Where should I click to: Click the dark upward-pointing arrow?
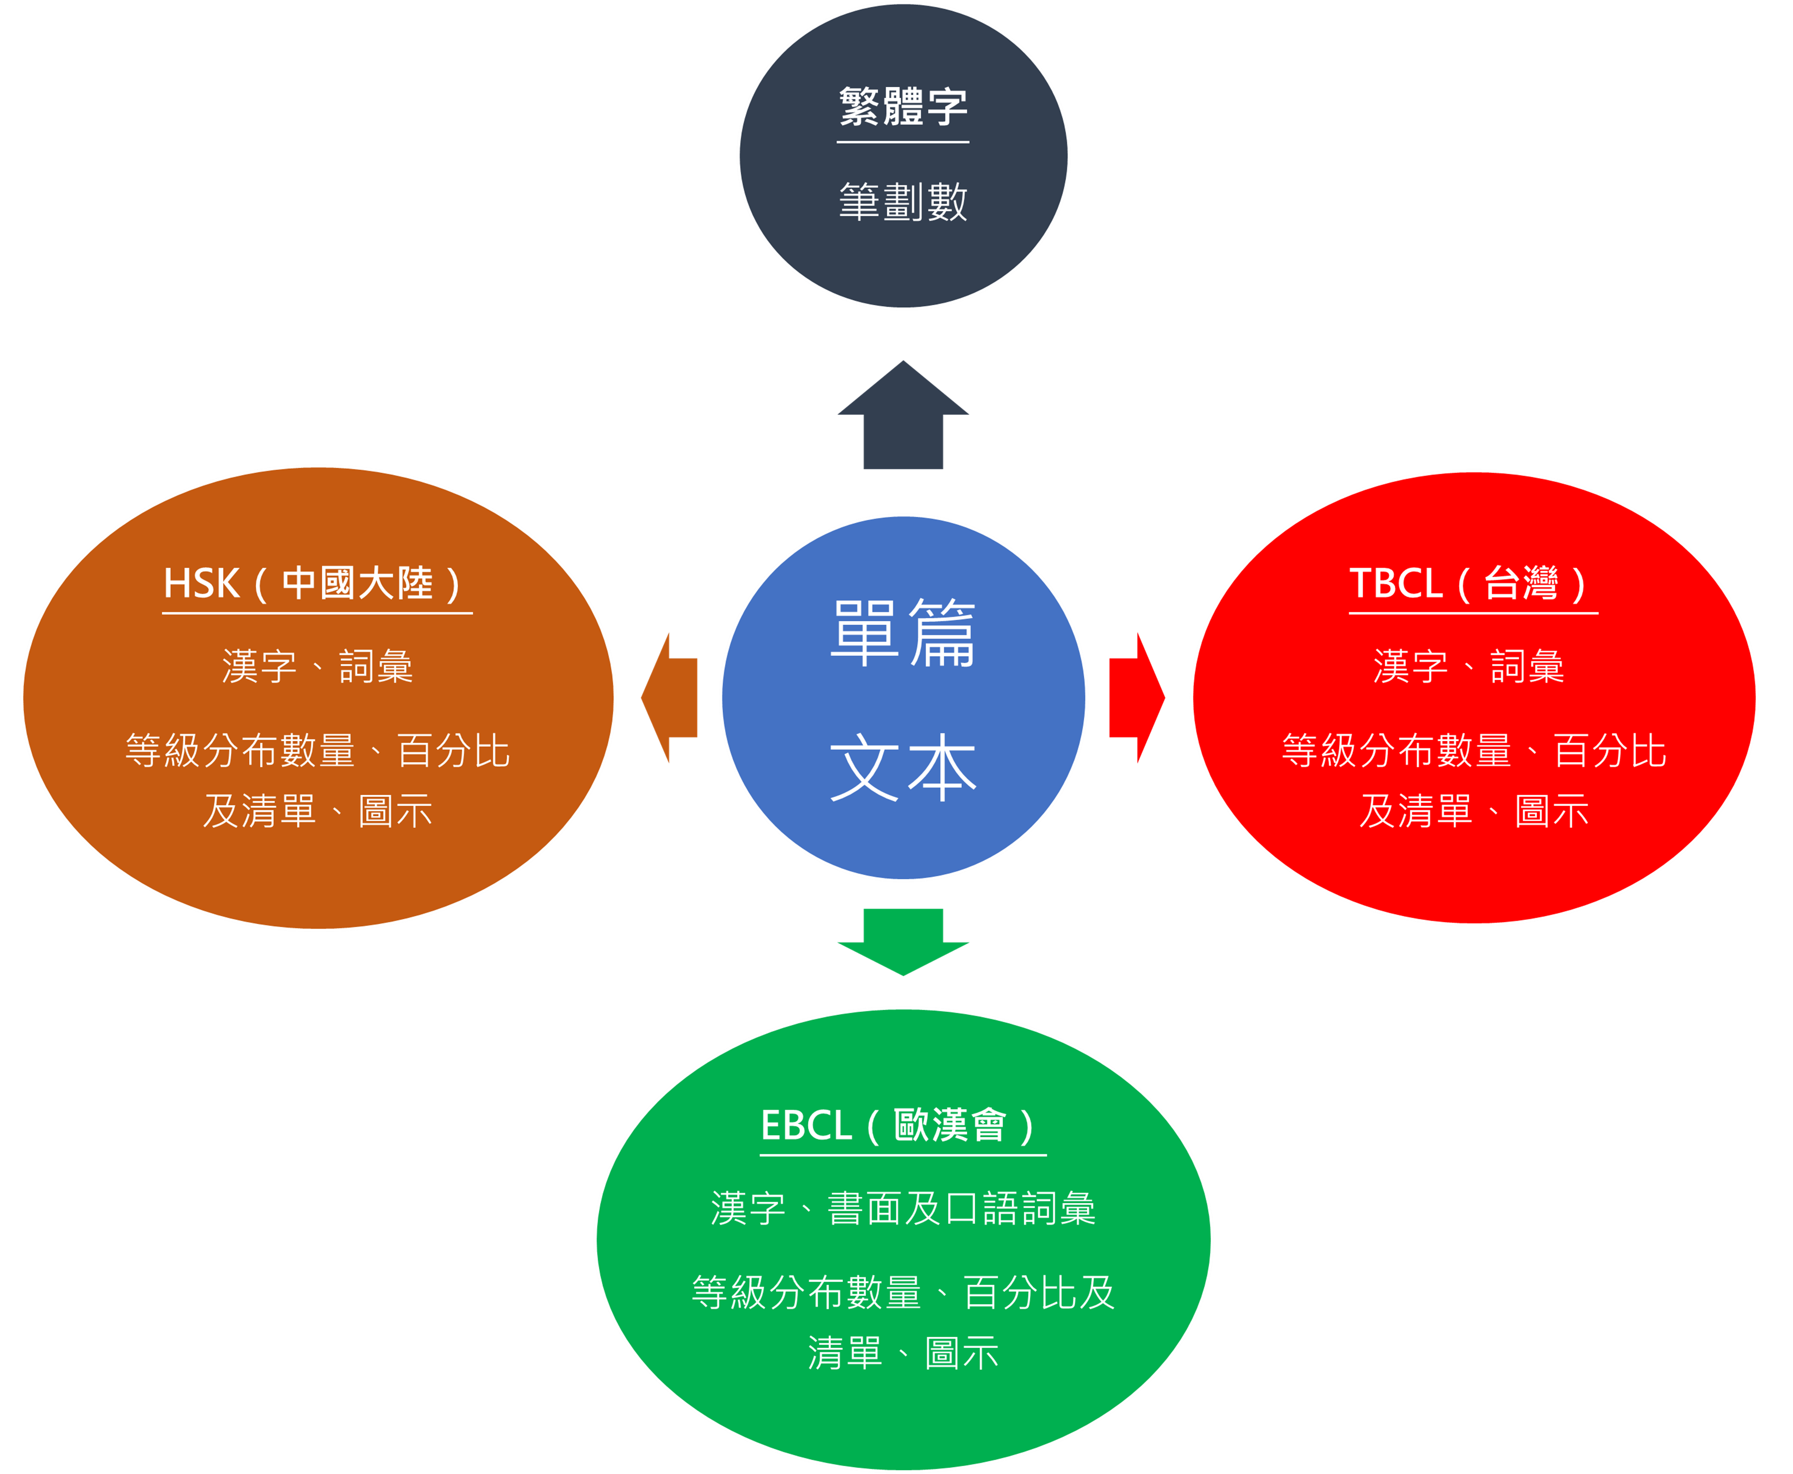[903, 420]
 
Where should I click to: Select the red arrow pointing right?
[1135, 697]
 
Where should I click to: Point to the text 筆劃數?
[903, 202]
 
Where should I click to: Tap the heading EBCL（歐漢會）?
[902, 1126]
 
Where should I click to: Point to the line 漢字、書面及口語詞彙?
[903, 1208]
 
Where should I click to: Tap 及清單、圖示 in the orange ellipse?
[317, 811]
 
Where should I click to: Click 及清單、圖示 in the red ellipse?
[1474, 811]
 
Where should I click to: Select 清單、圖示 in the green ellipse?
[903, 1352]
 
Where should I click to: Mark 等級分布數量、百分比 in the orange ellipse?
[317, 751]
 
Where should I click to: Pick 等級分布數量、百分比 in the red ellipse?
[1474, 751]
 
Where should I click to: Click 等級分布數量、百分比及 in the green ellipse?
[903, 1292]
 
